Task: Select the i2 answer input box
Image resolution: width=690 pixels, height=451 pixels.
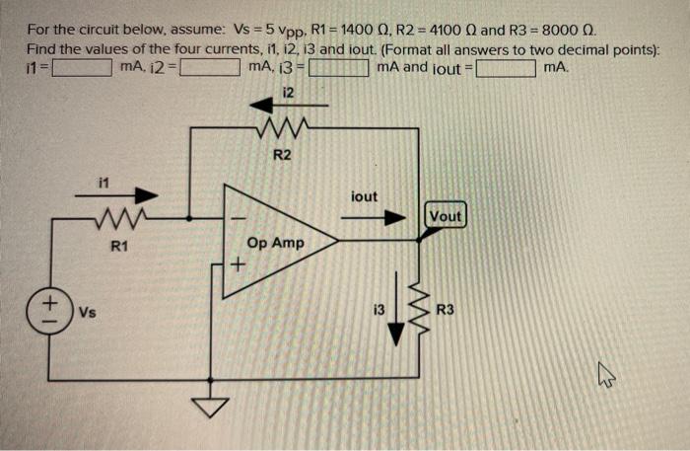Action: coord(208,68)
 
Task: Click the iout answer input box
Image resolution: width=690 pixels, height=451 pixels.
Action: coord(507,68)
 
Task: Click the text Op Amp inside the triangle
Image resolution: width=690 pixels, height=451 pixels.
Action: coord(276,243)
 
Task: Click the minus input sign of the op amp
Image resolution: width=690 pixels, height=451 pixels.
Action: coord(235,217)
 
